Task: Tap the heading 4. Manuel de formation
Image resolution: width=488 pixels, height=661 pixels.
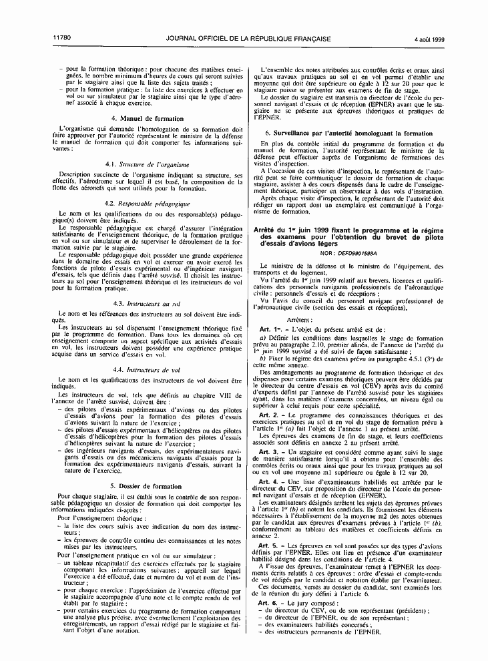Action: [x=148, y=118]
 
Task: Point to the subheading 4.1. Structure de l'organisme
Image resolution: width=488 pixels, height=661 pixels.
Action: [x=148, y=164]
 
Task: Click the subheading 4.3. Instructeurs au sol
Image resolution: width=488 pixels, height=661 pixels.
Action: [x=148, y=284]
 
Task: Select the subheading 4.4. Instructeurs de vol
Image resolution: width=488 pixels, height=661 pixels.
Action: [x=148, y=369]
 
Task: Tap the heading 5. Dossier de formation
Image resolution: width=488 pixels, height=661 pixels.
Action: [x=148, y=485]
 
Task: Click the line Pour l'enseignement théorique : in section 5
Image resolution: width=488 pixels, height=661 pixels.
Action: [x=93, y=517]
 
